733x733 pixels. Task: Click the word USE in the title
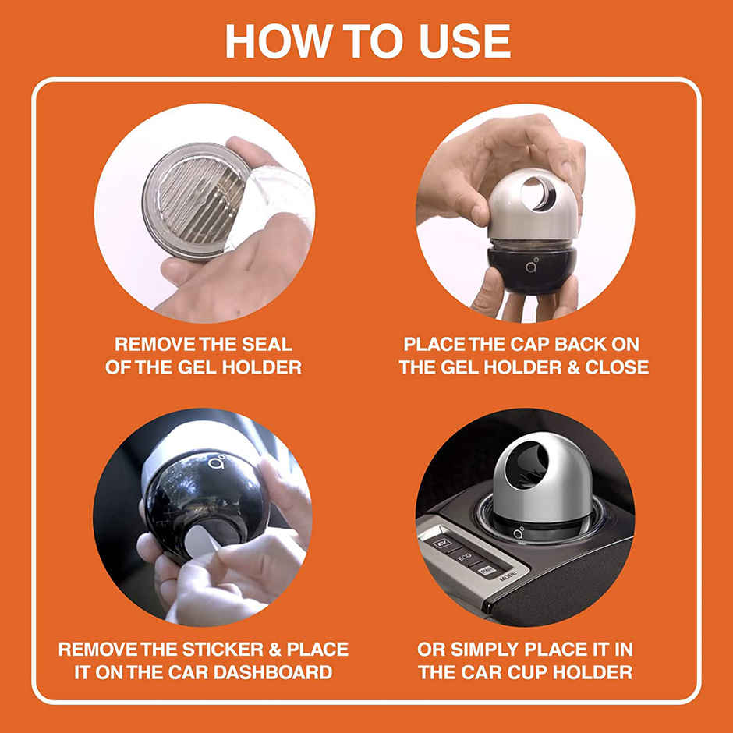tap(455, 40)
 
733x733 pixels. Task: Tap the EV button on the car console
tap(442, 542)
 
